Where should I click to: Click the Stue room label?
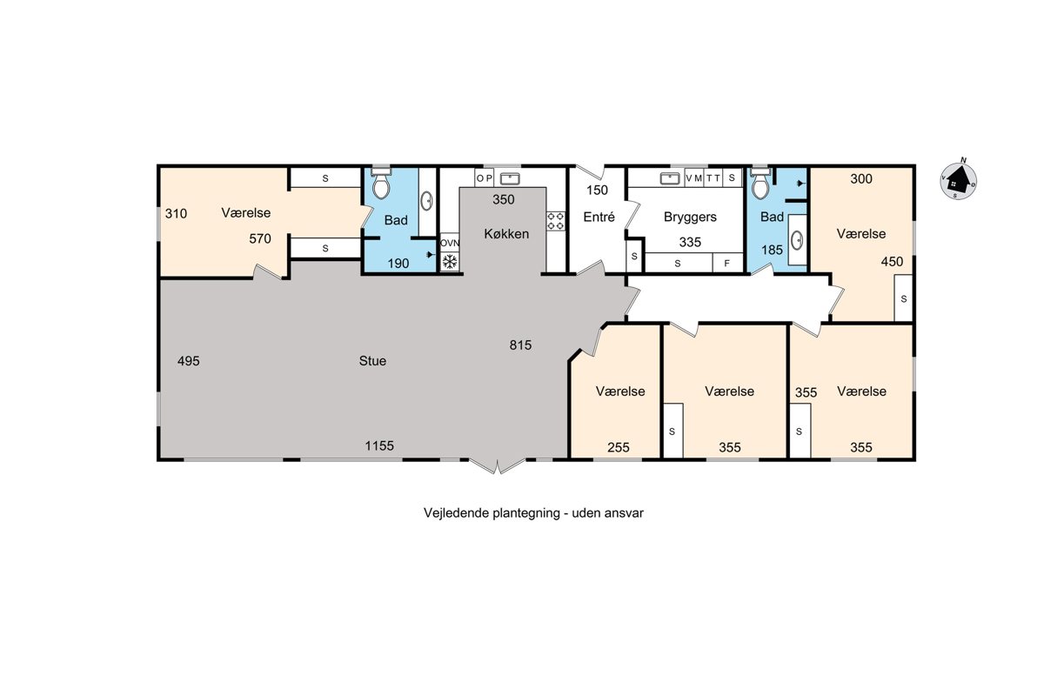click(372, 361)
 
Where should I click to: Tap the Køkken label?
click(506, 233)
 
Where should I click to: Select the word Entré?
click(599, 217)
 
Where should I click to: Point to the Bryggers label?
click(690, 217)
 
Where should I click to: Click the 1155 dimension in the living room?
click(379, 445)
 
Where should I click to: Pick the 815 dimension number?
click(520, 345)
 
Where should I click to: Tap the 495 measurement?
click(188, 361)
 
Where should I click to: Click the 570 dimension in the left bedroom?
click(259, 238)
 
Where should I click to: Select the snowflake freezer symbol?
click(450, 262)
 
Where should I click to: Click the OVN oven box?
click(450, 243)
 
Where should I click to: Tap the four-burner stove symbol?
click(556, 221)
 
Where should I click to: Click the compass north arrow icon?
click(958, 180)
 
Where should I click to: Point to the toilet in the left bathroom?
click(381, 184)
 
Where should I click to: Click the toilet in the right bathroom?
click(760, 184)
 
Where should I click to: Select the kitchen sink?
click(510, 178)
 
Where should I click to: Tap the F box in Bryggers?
click(727, 264)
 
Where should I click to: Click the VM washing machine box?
click(694, 178)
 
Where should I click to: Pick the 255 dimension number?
click(619, 447)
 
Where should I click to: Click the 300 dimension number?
click(860, 178)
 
